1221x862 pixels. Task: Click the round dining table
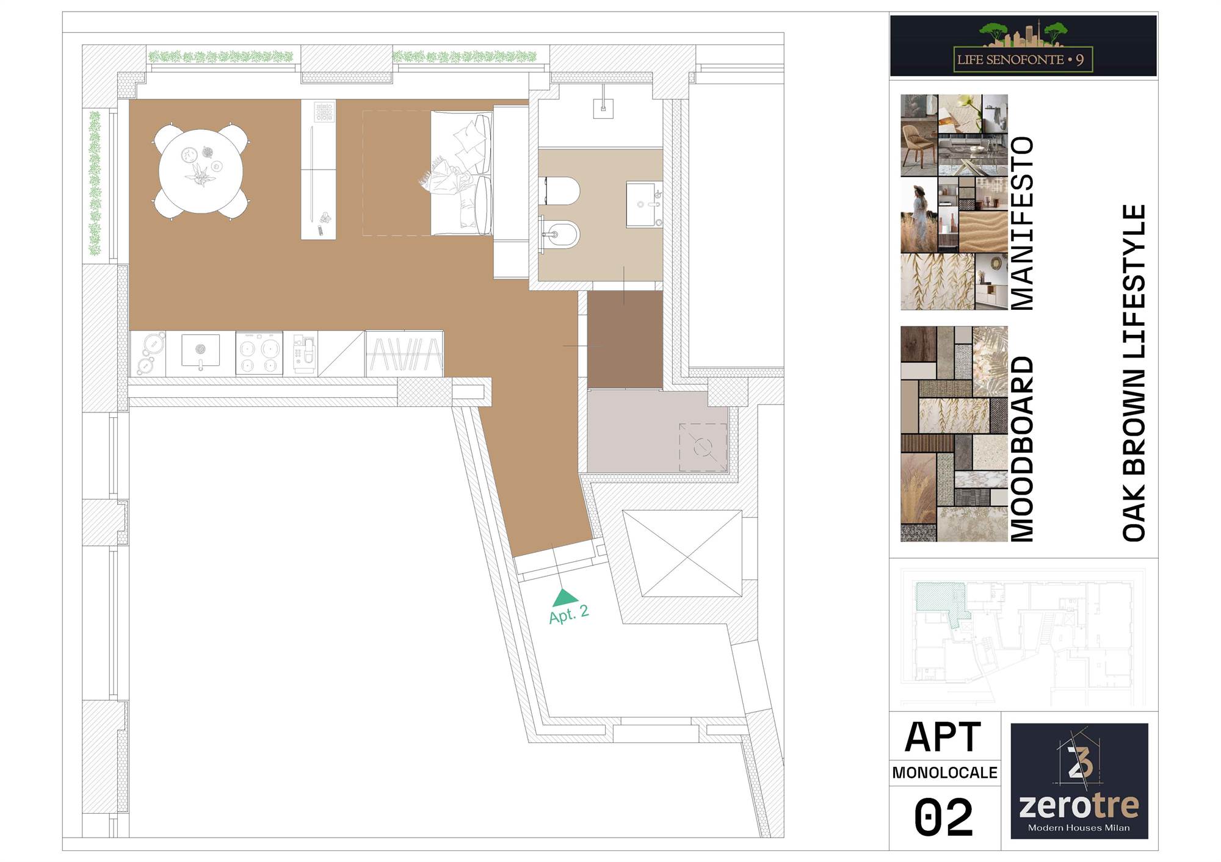[x=201, y=171]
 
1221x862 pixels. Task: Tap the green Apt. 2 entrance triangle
[x=565, y=598]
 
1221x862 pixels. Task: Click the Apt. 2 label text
[x=569, y=614]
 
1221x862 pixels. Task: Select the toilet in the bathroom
[x=559, y=191]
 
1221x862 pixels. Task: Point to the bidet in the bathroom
[x=559, y=234]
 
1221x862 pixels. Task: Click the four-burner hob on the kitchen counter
[x=259, y=353]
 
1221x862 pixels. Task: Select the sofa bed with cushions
[x=461, y=173]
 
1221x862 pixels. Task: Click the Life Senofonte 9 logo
[x=1023, y=46]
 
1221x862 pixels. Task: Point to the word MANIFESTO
[x=1022, y=223]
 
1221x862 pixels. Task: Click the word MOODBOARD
[x=1022, y=449]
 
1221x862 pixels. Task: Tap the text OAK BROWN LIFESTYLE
[x=1134, y=373]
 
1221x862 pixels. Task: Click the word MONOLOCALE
[x=944, y=773]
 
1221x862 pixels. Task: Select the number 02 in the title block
[x=943, y=817]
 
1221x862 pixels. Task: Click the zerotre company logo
[x=1079, y=781]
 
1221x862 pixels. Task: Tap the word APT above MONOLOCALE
[x=943, y=737]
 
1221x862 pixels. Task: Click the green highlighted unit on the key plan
[x=940, y=598]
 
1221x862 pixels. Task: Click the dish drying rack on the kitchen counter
[x=405, y=354]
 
